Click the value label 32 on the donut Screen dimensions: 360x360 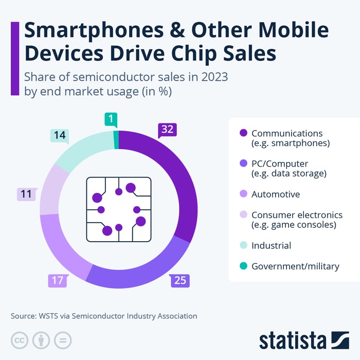coord(167,130)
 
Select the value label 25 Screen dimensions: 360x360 coord(180,280)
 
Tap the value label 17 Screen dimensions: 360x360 coord(57,280)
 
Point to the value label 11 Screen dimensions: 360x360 coord(26,194)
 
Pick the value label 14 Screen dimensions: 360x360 coord(60,136)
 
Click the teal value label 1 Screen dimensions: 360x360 coord(111,119)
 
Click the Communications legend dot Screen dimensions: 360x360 coord(243,134)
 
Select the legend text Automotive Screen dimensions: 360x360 coord(275,194)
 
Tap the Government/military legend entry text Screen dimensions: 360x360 coord(295,266)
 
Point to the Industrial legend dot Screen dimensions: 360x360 coord(243,245)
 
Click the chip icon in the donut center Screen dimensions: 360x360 coord(119,209)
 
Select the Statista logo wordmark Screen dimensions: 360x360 coord(293,340)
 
